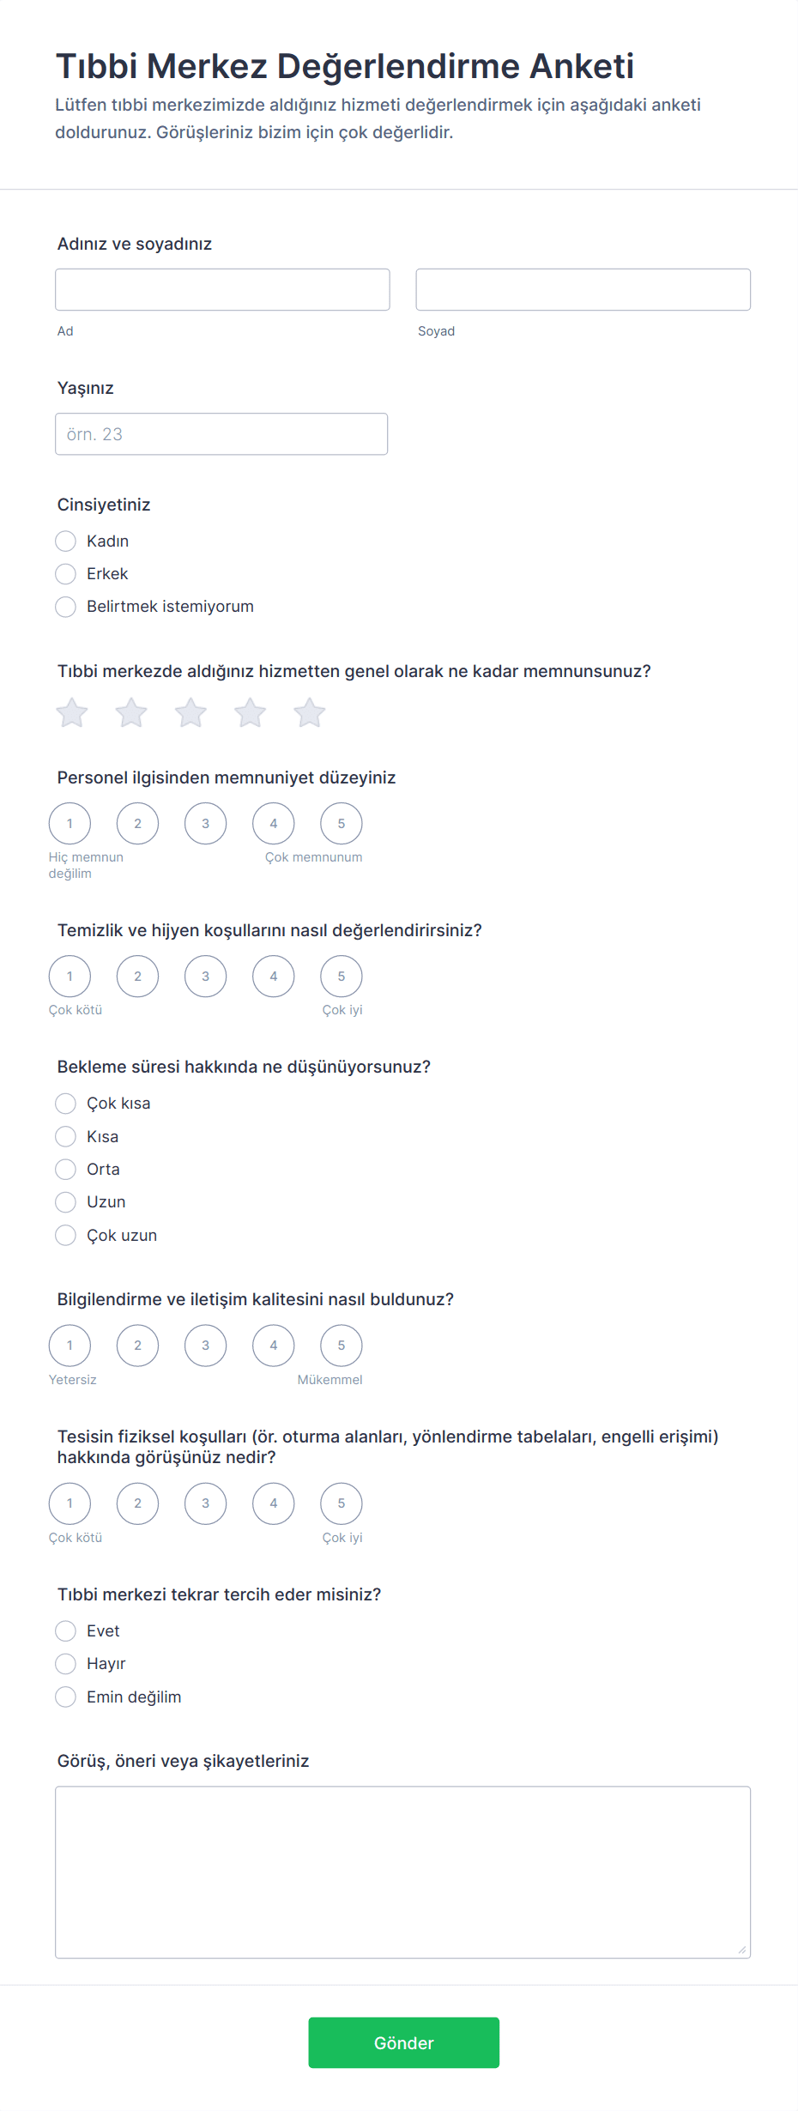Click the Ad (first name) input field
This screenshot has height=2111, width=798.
tap(222, 289)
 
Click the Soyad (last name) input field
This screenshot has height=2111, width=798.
tap(583, 289)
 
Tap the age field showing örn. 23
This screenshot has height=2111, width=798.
tap(221, 434)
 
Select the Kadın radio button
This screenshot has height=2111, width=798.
tap(66, 541)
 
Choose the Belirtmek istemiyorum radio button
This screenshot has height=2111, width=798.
tap(66, 607)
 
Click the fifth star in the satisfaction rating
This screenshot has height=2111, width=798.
tap(309, 713)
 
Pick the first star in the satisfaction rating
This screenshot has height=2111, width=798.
tap(72, 713)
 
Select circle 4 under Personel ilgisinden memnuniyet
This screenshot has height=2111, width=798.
tap(274, 824)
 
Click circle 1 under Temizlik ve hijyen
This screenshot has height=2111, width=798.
tap(70, 977)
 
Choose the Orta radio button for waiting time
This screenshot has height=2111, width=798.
tap(66, 1170)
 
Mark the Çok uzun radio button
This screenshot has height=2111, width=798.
tap(66, 1236)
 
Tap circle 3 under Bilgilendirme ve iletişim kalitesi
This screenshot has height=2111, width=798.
tap(206, 1346)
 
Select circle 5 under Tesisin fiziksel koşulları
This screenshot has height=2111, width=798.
tap(342, 1503)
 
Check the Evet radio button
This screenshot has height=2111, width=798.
tap(66, 1631)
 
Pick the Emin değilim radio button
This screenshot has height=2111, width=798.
tap(66, 1697)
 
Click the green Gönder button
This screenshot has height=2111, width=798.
tap(403, 2042)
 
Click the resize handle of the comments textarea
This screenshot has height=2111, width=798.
tap(742, 1950)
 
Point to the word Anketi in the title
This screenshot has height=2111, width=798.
tap(582, 66)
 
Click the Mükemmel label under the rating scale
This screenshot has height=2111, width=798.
tap(329, 1380)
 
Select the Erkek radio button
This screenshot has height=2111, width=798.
tap(66, 574)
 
